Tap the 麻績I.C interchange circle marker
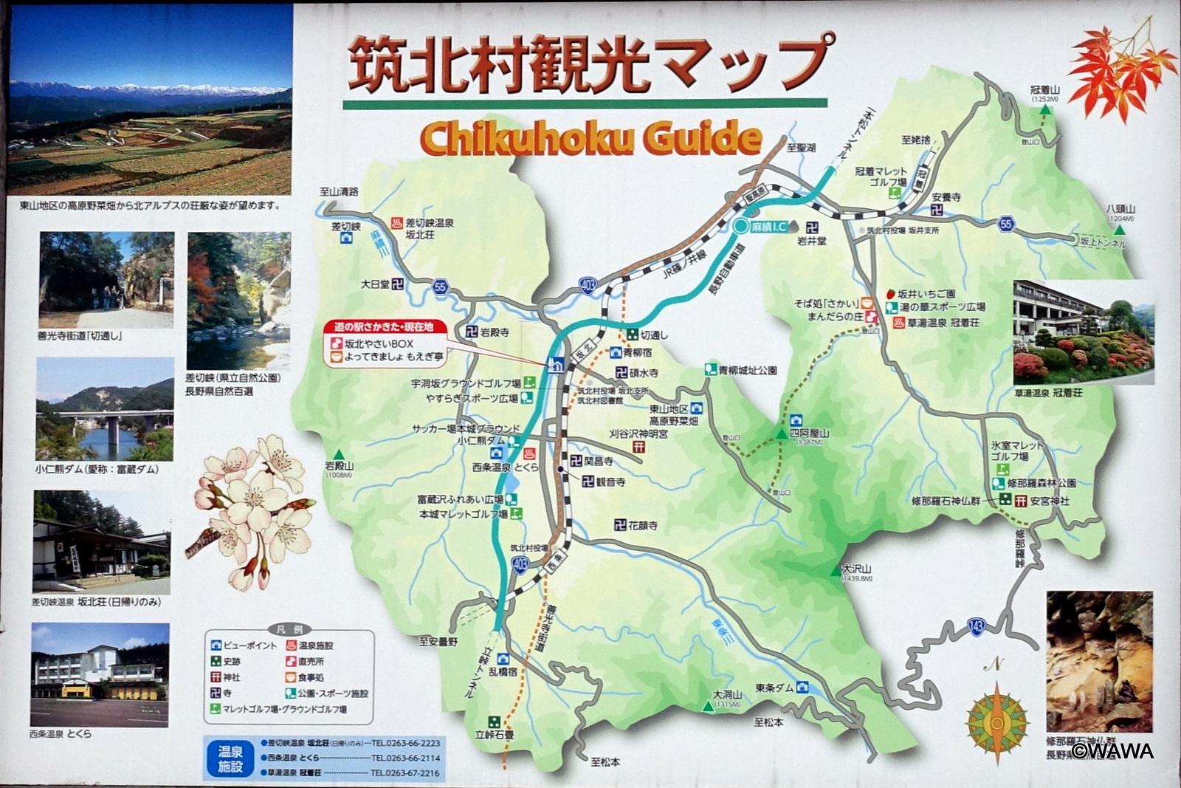pyautogui.click(x=740, y=227)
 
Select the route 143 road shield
pyautogui.click(x=975, y=627)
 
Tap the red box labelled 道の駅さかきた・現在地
pyautogui.click(x=383, y=326)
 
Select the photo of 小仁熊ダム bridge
pyautogui.click(x=105, y=409)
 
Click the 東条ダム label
pyautogui.click(x=774, y=688)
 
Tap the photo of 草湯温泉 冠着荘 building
pyautogui.click(x=1083, y=332)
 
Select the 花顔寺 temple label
pyautogui.click(x=642, y=525)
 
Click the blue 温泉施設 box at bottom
pyautogui.click(x=230, y=758)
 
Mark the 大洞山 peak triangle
pyautogui.click(x=708, y=707)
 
